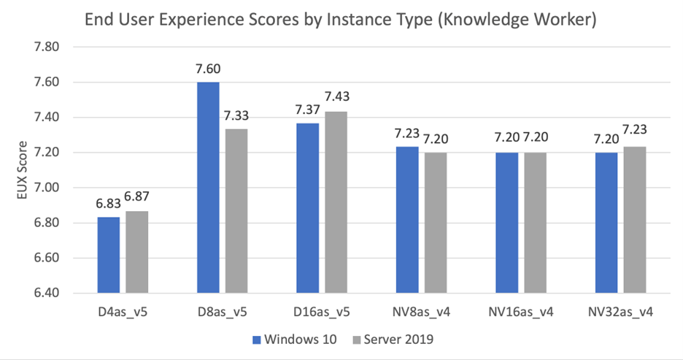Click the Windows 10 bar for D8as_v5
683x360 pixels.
[x=208, y=187]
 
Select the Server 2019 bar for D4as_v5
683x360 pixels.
[x=136, y=252]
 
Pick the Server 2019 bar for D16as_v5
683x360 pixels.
[x=336, y=202]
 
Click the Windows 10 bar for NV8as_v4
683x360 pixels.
[x=407, y=220]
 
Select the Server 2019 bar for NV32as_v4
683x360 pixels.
[x=634, y=220]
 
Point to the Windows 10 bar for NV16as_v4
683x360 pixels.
[x=506, y=223]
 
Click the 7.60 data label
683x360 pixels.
[x=208, y=70]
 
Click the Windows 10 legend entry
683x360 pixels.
[x=292, y=340]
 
